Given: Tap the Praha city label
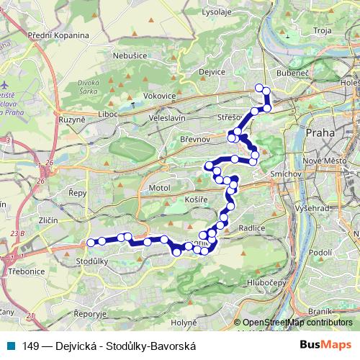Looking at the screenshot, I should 320,132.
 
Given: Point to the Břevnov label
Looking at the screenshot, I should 194,138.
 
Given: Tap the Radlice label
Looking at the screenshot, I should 252,228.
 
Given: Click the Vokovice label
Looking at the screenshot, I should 159,95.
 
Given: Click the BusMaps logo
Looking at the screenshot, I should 326,345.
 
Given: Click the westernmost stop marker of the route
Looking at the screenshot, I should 90,242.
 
